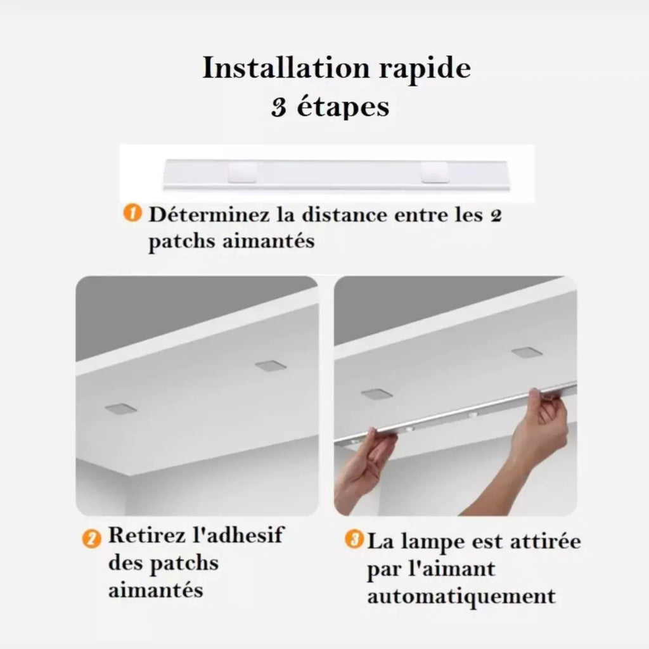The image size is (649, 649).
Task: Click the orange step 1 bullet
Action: coord(131,214)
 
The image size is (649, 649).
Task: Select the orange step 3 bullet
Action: coord(354,539)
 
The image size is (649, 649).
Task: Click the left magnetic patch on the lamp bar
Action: coord(242,170)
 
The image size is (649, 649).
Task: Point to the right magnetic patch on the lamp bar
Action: coord(434,170)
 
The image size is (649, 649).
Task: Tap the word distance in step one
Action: coord(337,214)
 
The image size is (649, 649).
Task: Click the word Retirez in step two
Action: coord(147,536)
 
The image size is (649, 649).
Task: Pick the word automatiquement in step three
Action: coord(461,596)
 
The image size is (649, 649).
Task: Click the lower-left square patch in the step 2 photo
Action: coord(121,409)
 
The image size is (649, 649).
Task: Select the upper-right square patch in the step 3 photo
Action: coord(527,352)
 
